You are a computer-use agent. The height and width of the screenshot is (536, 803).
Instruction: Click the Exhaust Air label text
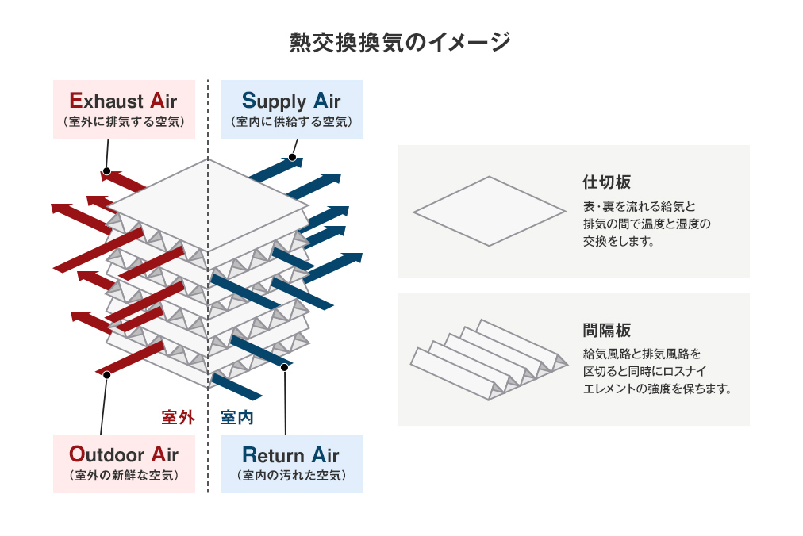click(123, 101)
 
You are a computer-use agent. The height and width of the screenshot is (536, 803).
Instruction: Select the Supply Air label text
click(291, 101)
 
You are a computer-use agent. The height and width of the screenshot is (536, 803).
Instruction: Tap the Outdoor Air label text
click(124, 455)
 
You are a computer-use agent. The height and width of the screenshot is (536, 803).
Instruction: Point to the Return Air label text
click(291, 455)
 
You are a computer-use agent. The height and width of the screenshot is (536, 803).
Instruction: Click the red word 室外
click(178, 417)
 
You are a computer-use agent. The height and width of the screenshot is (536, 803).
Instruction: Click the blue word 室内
click(236, 417)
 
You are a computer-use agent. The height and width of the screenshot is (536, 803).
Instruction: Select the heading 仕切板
click(607, 182)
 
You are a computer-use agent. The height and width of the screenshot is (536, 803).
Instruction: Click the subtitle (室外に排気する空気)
click(124, 122)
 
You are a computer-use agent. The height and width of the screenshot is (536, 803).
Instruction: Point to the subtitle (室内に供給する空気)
click(291, 122)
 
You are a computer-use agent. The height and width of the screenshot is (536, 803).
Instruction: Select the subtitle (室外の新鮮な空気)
click(124, 476)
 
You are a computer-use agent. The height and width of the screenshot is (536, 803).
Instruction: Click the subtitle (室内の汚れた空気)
click(291, 476)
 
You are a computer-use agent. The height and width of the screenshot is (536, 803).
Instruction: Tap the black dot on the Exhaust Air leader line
click(106, 170)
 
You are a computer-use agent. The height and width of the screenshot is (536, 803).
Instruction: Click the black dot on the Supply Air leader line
click(292, 158)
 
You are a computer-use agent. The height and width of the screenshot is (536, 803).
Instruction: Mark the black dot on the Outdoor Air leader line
click(106, 373)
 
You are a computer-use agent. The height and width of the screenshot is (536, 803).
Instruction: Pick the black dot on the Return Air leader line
click(284, 367)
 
